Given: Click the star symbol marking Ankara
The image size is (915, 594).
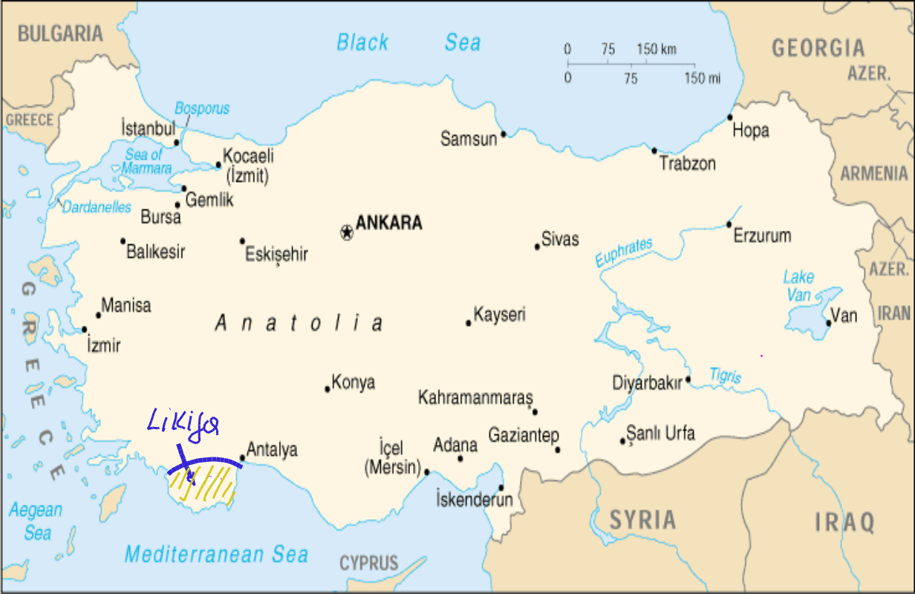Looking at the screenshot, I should (x=346, y=232).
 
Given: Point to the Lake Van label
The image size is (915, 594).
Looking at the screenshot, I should (x=799, y=286).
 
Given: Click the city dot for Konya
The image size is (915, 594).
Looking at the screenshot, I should (x=327, y=389).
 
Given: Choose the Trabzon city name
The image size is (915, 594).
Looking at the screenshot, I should (x=687, y=164).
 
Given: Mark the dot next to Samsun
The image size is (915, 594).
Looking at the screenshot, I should (x=504, y=134).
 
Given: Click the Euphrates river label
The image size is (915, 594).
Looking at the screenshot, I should (x=624, y=253).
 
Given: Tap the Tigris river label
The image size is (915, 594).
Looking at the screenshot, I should (x=725, y=376).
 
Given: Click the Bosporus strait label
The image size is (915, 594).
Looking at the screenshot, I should (x=202, y=109).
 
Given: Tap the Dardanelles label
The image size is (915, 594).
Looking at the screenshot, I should (x=97, y=208).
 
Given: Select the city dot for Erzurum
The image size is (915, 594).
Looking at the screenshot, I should (x=729, y=224).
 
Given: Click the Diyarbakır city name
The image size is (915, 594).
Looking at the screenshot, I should (x=647, y=383).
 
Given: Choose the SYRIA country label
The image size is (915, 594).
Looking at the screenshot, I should (x=643, y=520).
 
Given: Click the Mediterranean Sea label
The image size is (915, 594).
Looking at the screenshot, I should (x=216, y=554).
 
